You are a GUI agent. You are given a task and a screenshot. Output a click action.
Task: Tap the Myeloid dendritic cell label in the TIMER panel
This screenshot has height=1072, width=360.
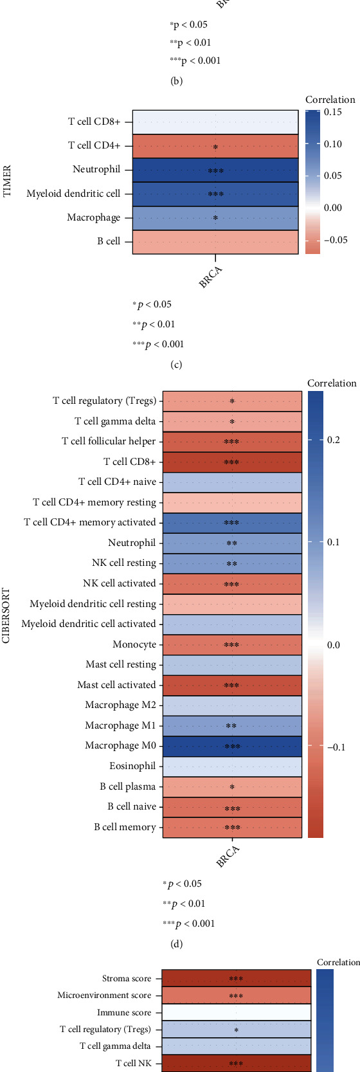(73, 194)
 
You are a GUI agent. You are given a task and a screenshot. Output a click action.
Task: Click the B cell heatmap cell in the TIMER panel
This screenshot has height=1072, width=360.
(215, 242)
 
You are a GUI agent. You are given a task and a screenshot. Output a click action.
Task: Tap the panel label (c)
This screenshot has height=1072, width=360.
(176, 365)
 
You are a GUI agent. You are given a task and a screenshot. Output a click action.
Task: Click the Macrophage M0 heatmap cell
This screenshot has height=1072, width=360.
(232, 746)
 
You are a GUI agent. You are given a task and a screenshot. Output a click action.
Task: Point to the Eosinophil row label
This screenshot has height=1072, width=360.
(132, 766)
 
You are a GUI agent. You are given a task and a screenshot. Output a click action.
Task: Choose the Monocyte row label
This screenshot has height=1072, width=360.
(134, 644)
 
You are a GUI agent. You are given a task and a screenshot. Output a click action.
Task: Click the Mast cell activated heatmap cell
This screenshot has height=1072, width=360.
(232, 685)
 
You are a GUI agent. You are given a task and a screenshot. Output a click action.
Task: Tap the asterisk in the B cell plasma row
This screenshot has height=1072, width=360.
(232, 787)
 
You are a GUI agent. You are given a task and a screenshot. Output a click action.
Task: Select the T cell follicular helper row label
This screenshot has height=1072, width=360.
(109, 441)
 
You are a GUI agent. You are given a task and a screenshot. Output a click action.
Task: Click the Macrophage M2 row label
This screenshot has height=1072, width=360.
(120, 705)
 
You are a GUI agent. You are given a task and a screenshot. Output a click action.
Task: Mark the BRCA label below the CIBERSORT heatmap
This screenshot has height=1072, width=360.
(228, 856)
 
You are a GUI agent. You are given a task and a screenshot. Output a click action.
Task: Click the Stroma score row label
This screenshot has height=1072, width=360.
(127, 979)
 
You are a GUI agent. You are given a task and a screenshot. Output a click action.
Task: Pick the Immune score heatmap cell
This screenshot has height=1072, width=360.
(236, 1012)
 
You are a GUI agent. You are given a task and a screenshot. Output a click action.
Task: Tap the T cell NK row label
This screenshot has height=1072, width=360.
(134, 1063)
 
